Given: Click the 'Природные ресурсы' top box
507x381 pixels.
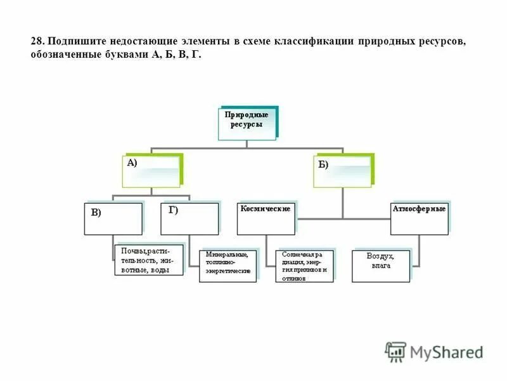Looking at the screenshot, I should pyautogui.click(x=248, y=123).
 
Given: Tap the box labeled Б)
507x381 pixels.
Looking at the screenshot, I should pyautogui.click(x=343, y=171).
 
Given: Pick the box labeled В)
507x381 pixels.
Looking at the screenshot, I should pyautogui.click(x=113, y=218).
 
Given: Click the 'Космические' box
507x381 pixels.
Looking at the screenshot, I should pyautogui.click(x=267, y=218).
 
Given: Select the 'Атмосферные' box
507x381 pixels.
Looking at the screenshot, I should pyautogui.click(x=419, y=218).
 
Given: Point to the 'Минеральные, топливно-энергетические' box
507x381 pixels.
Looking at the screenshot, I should pyautogui.click(x=228, y=265).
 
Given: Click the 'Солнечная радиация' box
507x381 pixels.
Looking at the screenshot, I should pyautogui.click(x=304, y=265).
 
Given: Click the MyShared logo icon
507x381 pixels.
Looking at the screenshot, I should pyautogui.click(x=396, y=351).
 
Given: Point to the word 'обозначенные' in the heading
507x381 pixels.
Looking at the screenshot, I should pyautogui.click(x=61, y=55).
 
